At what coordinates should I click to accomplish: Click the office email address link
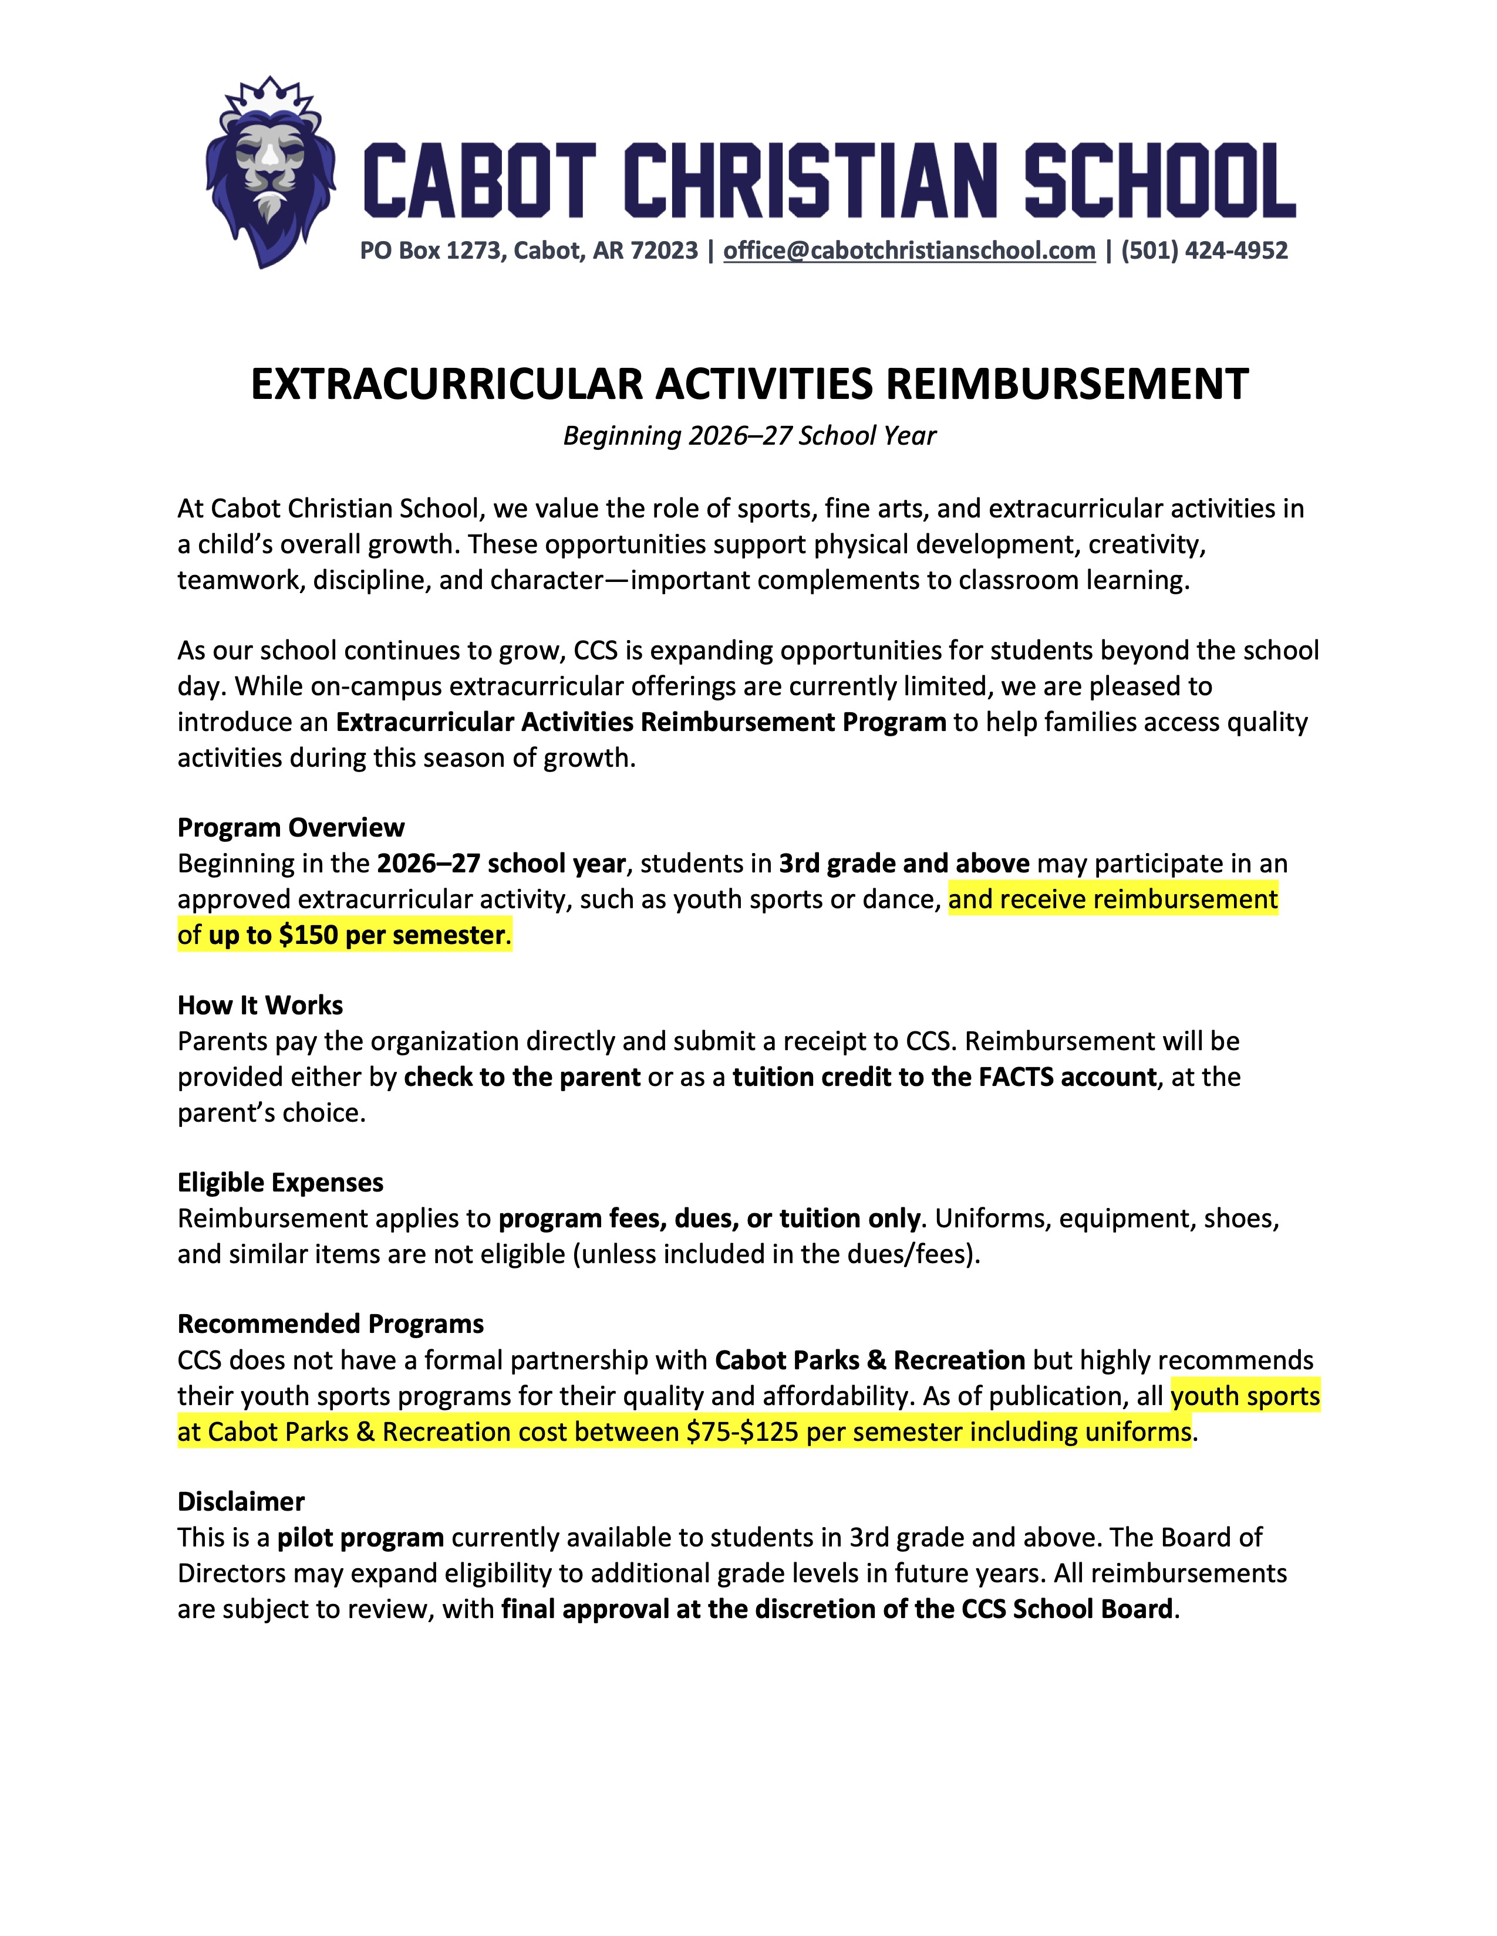tap(909, 251)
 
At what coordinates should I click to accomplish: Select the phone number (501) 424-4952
tap(1204, 251)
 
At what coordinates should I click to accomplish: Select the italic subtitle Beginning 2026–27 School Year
tap(750, 436)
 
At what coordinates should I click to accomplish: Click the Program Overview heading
tap(291, 828)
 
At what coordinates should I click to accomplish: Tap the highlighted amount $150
tap(308, 935)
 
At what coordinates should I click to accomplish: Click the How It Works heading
tap(260, 1005)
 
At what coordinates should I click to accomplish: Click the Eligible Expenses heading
tap(280, 1183)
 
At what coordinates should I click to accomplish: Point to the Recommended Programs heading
tap(331, 1324)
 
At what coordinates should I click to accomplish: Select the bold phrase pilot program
tap(360, 1538)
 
